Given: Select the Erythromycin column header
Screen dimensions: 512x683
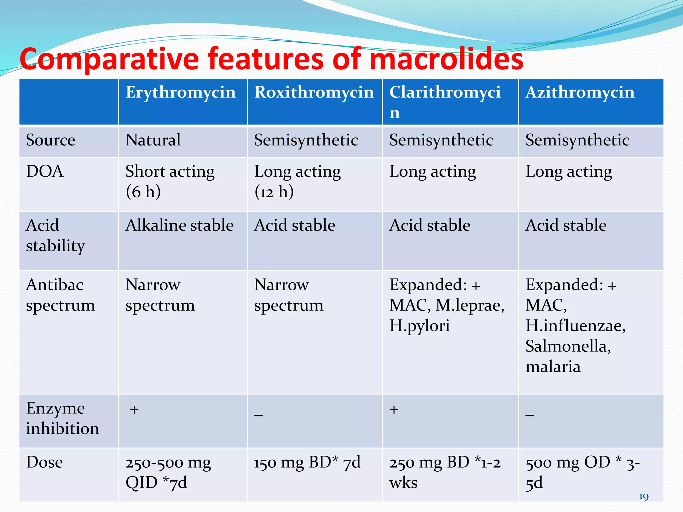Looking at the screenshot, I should pyautogui.click(x=180, y=92).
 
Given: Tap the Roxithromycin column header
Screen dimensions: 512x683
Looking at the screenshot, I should pyautogui.click(x=314, y=92).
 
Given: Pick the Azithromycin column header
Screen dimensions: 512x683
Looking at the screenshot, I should pyautogui.click(x=580, y=92).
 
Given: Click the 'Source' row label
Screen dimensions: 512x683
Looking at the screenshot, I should pyautogui.click(x=50, y=140).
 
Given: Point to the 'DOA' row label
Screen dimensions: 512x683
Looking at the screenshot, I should pyautogui.click(x=45, y=171).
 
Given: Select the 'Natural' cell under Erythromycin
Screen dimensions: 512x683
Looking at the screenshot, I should pyautogui.click(x=153, y=140).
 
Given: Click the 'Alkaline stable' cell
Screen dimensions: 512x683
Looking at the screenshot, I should pyautogui.click(x=179, y=225).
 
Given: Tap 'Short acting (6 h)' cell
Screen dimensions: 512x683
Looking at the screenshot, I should pyautogui.click(x=170, y=182).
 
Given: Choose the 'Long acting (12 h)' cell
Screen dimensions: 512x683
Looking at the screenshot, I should pyautogui.click(x=297, y=182).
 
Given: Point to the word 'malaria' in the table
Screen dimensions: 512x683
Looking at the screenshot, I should pyautogui.click(x=553, y=367).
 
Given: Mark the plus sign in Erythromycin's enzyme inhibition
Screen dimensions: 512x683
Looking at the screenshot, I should pyautogui.click(x=134, y=410).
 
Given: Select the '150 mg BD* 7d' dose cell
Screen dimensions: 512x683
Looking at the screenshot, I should pyautogui.click(x=307, y=463).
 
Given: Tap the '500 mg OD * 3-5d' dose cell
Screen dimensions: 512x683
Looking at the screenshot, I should pyautogui.click(x=582, y=472).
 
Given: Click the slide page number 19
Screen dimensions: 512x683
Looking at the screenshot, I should pyautogui.click(x=643, y=497).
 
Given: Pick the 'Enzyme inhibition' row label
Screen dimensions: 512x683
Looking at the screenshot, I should pyautogui.click(x=62, y=418).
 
